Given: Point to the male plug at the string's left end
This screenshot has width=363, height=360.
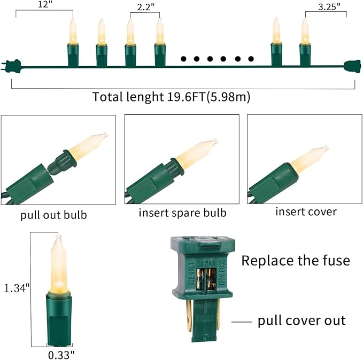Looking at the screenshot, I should [13, 65].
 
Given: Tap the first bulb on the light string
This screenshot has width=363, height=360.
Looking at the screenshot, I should [73, 43].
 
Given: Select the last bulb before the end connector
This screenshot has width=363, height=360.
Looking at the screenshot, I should [305, 43].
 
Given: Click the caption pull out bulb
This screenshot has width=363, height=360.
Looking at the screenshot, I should [53, 216].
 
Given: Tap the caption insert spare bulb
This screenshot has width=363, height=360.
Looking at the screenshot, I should [182, 213].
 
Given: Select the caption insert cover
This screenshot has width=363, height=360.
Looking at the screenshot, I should [306, 212].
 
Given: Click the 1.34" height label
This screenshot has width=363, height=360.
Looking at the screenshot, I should [16, 288].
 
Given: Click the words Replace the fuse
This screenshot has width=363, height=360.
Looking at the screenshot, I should [295, 261].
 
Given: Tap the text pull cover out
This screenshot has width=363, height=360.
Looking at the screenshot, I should [302, 320].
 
